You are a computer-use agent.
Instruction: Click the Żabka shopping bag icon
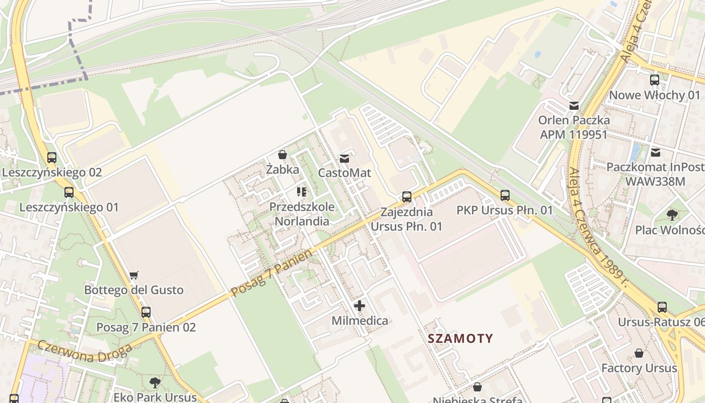[x=283, y=155]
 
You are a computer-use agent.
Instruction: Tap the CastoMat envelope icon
[x=344, y=159]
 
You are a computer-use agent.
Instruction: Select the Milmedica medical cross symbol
[x=360, y=306]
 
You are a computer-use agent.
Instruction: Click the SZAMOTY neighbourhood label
[x=460, y=338]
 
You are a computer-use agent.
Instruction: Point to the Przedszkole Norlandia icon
[x=302, y=192]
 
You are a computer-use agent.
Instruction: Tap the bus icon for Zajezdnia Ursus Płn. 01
[x=407, y=197]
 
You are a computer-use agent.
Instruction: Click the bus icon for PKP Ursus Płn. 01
[x=505, y=195]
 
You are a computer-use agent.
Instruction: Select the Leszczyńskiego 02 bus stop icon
[x=51, y=158]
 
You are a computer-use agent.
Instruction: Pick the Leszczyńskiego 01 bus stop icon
[x=69, y=192]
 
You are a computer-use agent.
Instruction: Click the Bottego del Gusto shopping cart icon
[x=133, y=275]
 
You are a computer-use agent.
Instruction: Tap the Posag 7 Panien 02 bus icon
[x=146, y=312]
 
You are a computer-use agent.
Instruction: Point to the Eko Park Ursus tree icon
[x=155, y=382]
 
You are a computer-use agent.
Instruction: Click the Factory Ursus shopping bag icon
[x=639, y=353]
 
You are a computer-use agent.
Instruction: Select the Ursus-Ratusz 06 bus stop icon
[x=662, y=307]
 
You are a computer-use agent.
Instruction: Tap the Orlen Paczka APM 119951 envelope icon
[x=574, y=105]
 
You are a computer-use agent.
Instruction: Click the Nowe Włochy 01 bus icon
[x=655, y=80]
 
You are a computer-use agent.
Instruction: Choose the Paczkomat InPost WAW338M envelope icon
[x=656, y=152]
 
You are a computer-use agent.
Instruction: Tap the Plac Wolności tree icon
[x=672, y=215]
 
